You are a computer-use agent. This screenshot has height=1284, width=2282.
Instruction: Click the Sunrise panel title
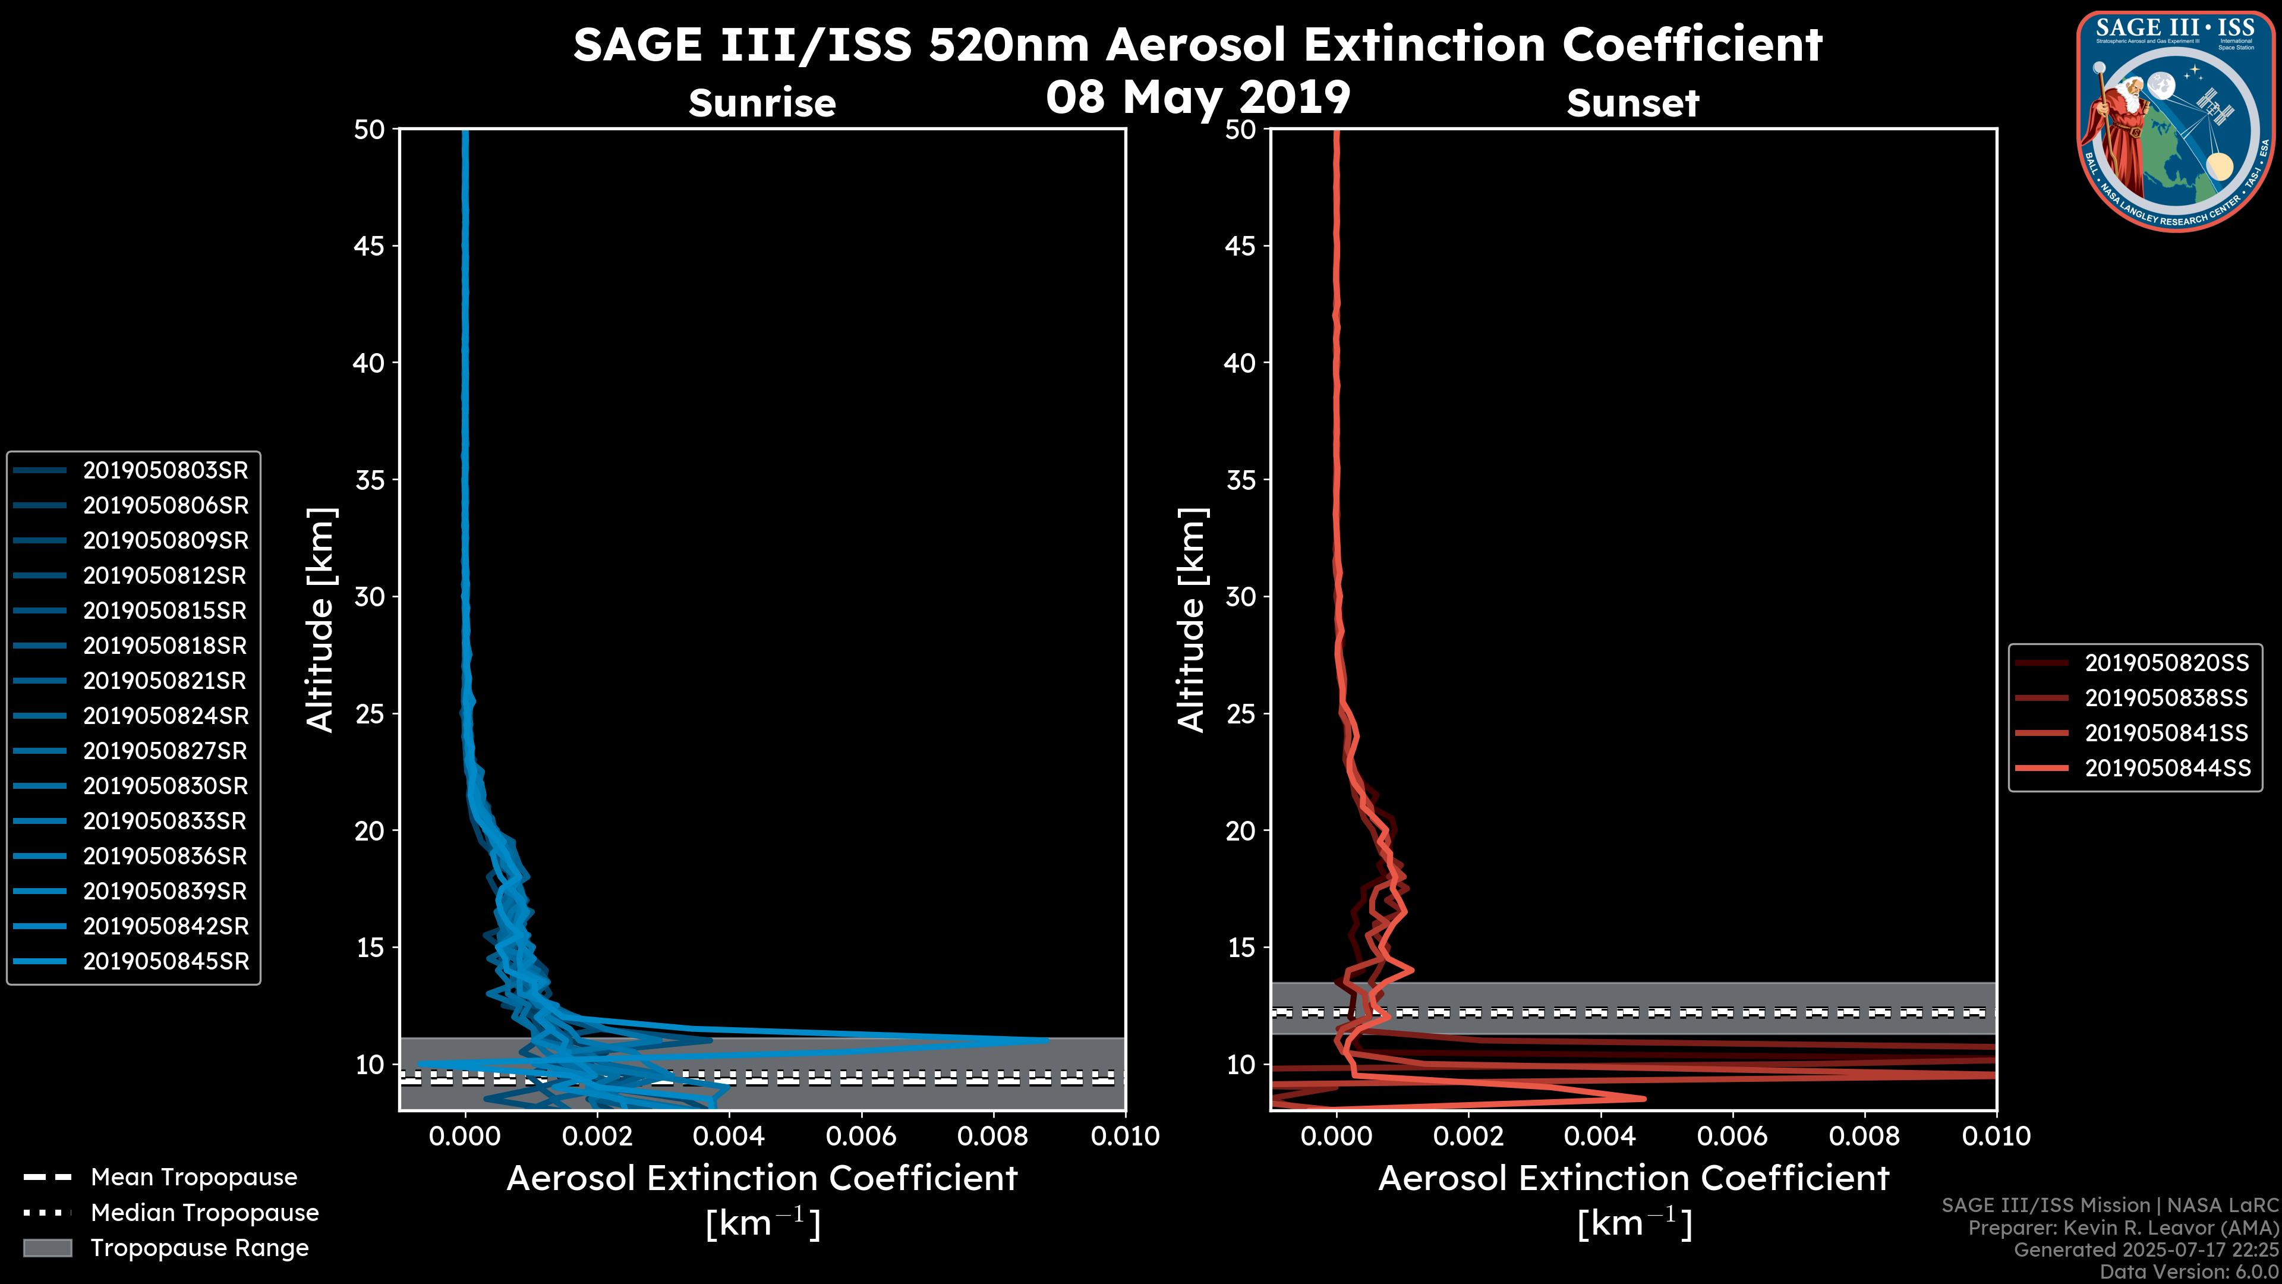[x=762, y=103]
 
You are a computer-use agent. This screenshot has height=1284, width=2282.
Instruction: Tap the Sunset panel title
[x=1632, y=103]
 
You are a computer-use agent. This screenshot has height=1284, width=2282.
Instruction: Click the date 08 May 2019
[x=1197, y=97]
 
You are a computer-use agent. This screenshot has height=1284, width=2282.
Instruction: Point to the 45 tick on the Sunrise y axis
[x=368, y=246]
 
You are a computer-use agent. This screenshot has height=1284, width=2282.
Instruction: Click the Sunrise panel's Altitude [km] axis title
[x=321, y=619]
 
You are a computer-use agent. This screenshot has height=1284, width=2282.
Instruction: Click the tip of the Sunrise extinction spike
[x=1047, y=1040]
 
